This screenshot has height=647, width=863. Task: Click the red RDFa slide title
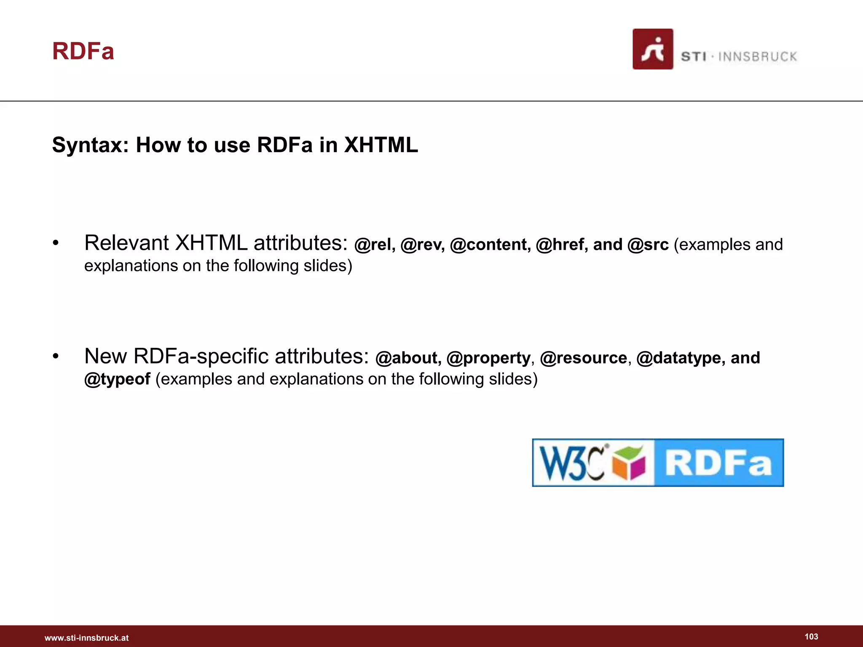coord(83,51)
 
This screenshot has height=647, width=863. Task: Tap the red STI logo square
coord(652,49)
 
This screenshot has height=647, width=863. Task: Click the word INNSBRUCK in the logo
coord(758,57)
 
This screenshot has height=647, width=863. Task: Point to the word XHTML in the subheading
coord(381,145)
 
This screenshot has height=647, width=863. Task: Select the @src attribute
coord(648,245)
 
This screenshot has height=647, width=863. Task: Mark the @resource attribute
coord(583,358)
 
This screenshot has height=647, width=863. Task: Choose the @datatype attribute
coord(680,358)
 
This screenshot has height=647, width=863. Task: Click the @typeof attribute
coord(117,379)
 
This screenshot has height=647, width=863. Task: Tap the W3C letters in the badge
coord(572,463)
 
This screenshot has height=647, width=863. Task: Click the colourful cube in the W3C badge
coord(629,463)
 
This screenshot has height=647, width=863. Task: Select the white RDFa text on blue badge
coord(718,463)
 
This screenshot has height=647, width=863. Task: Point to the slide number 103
coord(811,637)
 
